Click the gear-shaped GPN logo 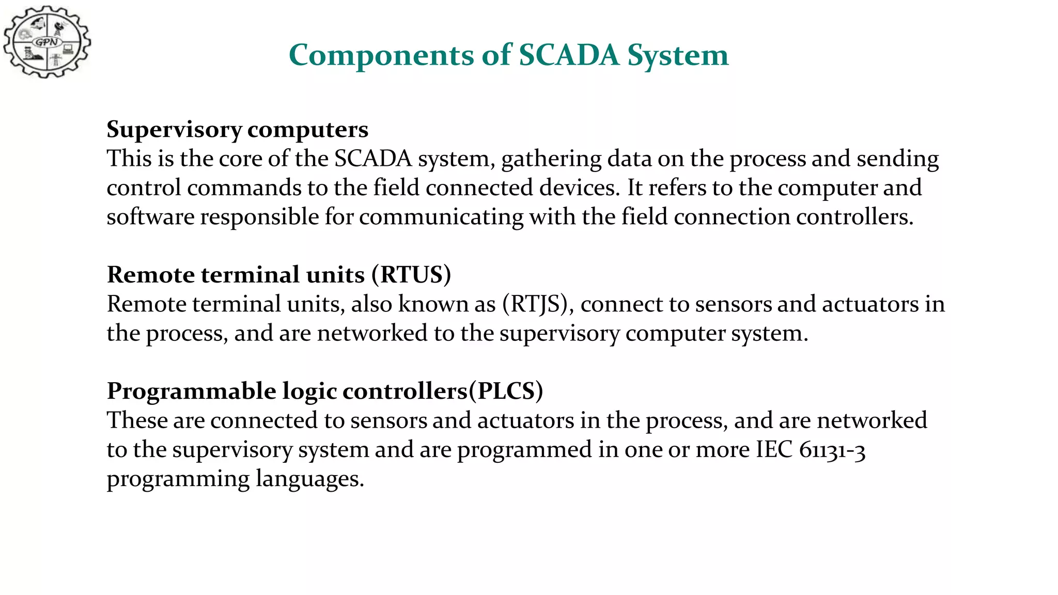click(47, 42)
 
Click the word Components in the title click(381, 55)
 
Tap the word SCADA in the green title click(569, 55)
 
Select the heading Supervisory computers click(237, 129)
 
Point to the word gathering click(551, 159)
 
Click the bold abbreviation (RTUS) click(411, 275)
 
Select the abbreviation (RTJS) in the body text click(537, 304)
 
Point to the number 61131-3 click(832, 450)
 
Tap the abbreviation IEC click(774, 450)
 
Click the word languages click(310, 479)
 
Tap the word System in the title click(678, 55)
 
